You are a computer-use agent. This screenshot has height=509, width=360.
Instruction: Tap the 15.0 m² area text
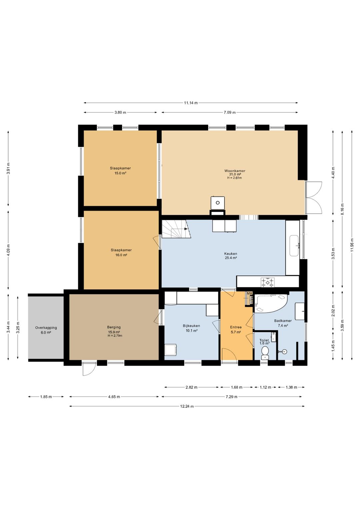tap(120, 173)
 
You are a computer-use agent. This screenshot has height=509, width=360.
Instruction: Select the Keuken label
tap(231, 253)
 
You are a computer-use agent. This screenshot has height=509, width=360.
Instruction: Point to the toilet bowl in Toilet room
tap(265, 353)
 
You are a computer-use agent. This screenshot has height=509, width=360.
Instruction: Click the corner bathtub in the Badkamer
tap(270, 303)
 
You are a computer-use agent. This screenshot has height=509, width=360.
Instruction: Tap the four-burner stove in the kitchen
tap(268, 283)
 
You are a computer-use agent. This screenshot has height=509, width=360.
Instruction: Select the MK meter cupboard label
tap(250, 294)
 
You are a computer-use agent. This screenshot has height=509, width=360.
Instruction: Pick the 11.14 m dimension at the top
tap(191, 103)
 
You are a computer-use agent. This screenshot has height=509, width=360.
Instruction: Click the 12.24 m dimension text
tap(187, 406)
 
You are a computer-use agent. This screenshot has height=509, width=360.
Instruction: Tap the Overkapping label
tap(46, 328)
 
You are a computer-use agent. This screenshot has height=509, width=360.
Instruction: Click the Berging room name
tap(114, 327)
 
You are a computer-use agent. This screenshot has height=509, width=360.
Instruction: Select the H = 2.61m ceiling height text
tap(234, 178)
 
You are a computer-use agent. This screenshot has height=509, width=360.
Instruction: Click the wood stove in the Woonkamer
tap(218, 202)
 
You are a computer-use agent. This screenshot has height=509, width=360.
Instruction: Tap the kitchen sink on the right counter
tap(295, 246)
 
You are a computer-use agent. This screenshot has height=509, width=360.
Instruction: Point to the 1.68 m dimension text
tap(236, 387)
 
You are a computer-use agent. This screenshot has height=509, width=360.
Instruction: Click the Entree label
tap(236, 327)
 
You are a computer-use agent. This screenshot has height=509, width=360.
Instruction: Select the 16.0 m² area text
tap(121, 255)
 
